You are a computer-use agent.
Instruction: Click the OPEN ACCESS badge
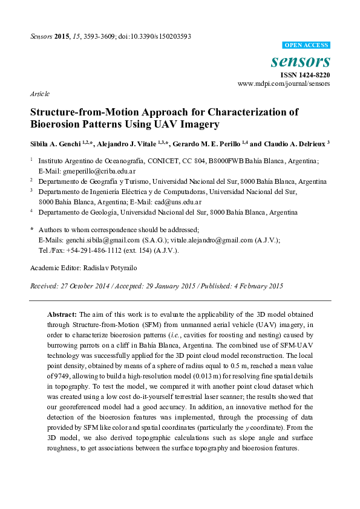[307, 45]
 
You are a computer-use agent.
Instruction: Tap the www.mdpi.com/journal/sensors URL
[284, 84]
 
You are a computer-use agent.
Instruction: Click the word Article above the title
[40, 95]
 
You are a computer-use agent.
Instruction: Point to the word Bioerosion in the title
[57, 125]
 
